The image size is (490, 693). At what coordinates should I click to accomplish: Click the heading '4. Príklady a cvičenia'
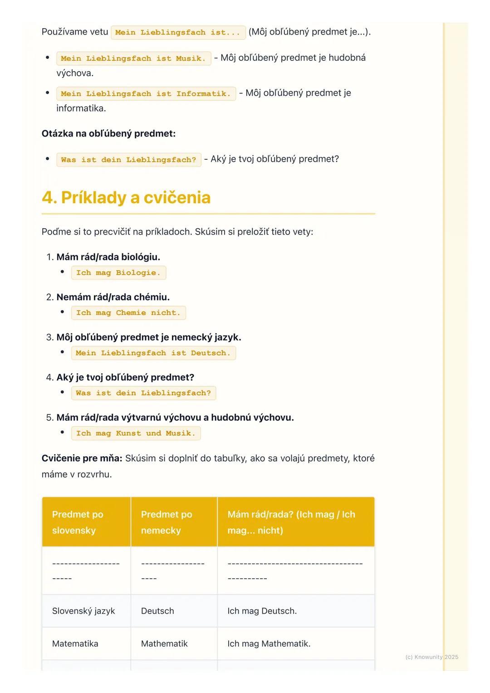126,198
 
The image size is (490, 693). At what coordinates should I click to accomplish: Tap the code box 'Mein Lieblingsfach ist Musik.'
133,59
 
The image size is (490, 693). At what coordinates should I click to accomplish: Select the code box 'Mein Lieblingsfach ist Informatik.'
146,94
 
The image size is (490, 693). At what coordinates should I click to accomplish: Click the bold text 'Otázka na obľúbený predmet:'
108,133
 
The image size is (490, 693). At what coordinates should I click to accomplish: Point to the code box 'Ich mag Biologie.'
118,273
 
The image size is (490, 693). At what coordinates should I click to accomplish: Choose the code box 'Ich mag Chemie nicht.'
128,313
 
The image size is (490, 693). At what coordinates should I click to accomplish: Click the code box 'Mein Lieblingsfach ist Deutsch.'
153,353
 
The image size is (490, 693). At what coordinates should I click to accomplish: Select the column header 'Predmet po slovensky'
86,522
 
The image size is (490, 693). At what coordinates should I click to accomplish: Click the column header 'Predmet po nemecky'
174,522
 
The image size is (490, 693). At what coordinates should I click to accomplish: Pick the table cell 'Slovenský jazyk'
83,611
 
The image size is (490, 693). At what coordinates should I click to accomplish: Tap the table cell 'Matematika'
75,644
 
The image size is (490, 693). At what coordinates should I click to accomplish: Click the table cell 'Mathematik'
164,644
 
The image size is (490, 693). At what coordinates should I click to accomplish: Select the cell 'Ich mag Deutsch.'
262,611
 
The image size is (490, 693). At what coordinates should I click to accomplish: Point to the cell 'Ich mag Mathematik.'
269,644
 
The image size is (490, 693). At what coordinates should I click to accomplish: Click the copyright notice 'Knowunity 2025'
431,657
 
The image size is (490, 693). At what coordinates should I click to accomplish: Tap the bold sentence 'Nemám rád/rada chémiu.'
113,297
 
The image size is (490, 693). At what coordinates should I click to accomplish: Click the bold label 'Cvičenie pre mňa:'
82,458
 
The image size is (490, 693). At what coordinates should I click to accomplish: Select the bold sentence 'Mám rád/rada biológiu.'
108,257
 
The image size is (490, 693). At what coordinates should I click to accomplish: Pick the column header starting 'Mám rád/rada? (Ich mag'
296,522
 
